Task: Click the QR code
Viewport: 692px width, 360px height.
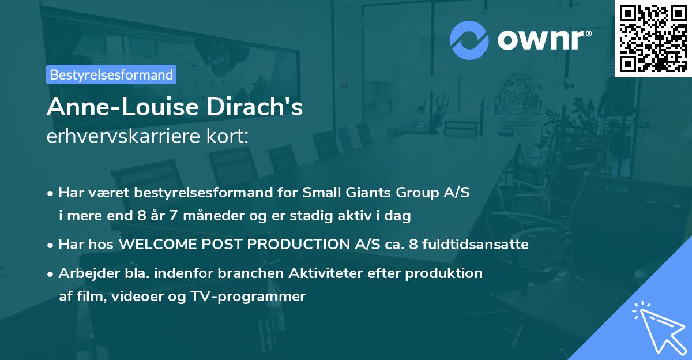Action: (653, 39)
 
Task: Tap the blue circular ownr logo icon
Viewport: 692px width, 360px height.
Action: (469, 40)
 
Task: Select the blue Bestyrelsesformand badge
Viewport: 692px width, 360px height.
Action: (111, 74)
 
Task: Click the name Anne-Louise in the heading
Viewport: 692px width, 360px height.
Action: (123, 107)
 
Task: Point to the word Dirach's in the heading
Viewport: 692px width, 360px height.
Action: (254, 107)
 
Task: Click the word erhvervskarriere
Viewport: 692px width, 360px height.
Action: (123, 136)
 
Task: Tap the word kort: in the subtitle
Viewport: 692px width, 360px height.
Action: (227, 136)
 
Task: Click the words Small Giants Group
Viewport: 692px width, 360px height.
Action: (371, 193)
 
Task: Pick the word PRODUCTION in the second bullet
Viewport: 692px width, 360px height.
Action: (299, 245)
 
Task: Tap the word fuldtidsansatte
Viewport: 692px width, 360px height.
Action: (475, 245)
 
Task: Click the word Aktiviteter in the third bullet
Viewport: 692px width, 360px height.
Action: (326, 273)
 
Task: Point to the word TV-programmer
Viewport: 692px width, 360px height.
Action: (248, 297)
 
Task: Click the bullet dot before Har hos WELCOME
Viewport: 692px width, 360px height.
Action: (50, 246)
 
